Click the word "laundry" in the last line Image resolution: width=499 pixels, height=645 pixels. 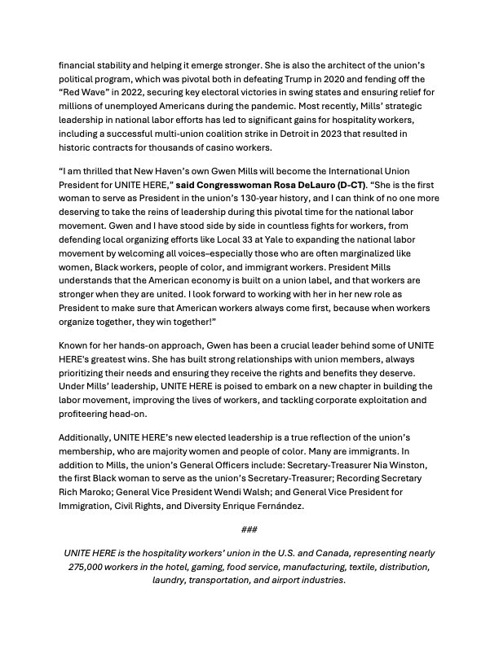[170, 579]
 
